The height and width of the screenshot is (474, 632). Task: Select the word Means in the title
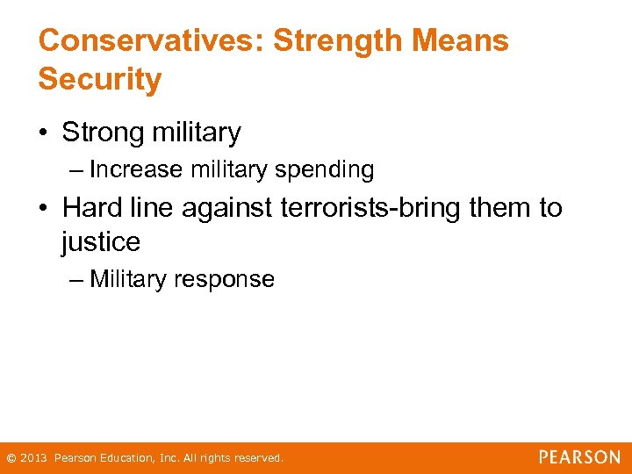[x=469, y=40]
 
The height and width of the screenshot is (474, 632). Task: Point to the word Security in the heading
[x=100, y=80]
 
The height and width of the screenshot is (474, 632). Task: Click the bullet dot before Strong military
[x=44, y=133]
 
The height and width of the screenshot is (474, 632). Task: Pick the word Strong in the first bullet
[x=103, y=133]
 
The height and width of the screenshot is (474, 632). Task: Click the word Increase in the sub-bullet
[x=136, y=169]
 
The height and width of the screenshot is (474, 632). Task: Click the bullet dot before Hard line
[x=44, y=208]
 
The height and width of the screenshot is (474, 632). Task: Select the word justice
[x=101, y=242]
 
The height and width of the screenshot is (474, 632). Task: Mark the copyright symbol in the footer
[x=11, y=458]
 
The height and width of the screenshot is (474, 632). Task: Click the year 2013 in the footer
[x=32, y=458]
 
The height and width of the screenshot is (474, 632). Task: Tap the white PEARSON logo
[x=579, y=457]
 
